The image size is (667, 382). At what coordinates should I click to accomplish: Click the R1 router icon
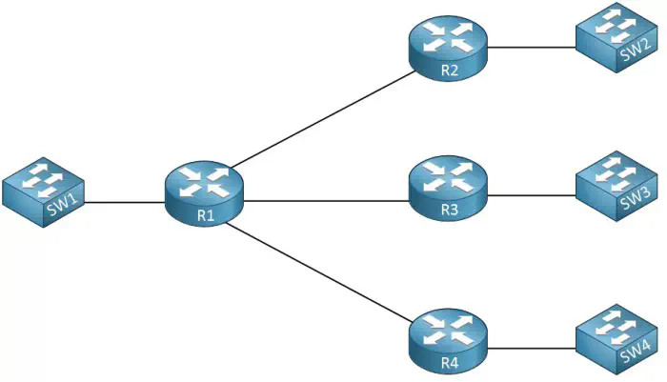[x=203, y=191]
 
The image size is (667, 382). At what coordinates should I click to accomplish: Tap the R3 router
[x=448, y=185]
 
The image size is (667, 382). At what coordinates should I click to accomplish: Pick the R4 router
[x=448, y=335]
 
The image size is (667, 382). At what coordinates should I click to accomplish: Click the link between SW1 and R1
[x=124, y=202]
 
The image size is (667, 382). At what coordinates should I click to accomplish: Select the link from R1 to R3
[x=324, y=201]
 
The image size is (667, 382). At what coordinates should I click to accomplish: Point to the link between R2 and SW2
[x=531, y=46]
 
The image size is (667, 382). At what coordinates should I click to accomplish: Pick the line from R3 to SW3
[x=531, y=195]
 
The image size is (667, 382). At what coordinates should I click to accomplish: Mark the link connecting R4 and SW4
[x=531, y=347]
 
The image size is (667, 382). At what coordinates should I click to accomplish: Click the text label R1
[x=206, y=215]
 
